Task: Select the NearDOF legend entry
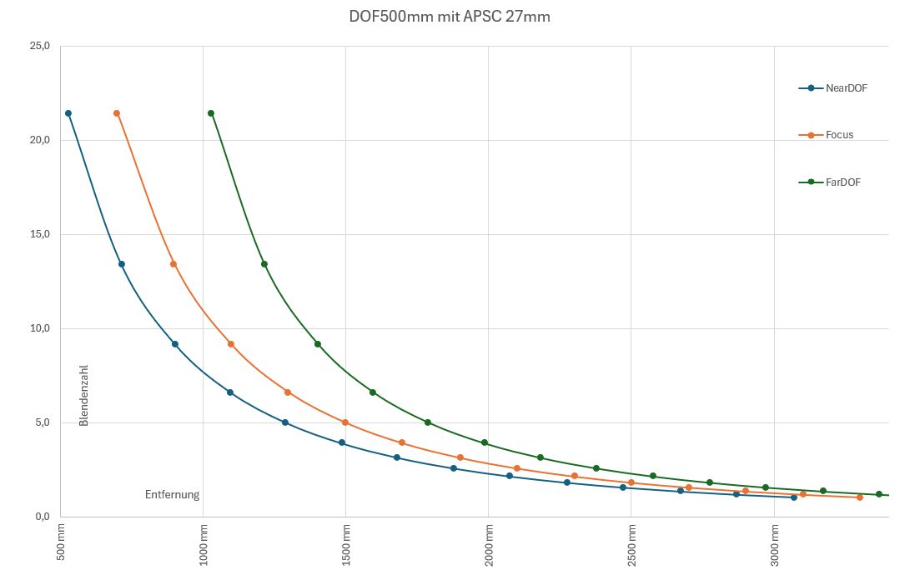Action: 846,87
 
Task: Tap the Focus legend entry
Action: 839,134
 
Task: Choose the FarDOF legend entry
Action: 842,182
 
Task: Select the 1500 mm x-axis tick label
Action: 345,544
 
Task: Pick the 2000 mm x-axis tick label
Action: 488,544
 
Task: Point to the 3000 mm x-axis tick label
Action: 774,544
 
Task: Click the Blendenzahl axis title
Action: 83,395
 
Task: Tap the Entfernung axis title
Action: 172,494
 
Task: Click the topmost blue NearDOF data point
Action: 68,113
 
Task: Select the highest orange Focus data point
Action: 117,113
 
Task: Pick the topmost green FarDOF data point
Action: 211,113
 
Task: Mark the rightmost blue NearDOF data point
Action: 793,497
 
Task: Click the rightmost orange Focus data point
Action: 860,497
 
